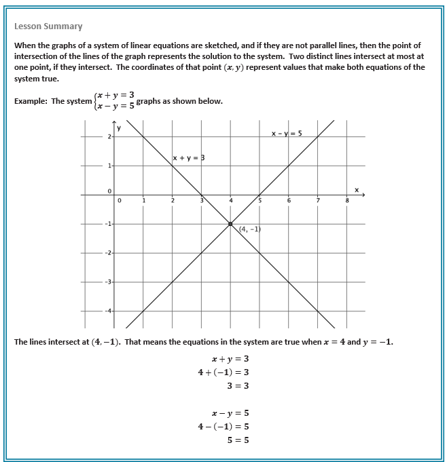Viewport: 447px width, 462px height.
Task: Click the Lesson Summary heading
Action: (x=48, y=26)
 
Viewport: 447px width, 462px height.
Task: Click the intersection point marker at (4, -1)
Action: (x=230, y=223)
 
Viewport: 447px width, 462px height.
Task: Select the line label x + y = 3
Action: (x=189, y=158)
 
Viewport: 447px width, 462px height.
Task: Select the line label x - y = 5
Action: (x=286, y=134)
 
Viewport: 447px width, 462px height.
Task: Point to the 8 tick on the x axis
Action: (x=346, y=201)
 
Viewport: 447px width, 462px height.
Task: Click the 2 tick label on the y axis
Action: (x=107, y=137)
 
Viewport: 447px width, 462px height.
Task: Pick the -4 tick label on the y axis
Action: (x=106, y=311)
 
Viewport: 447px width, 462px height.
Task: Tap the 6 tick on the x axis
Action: (x=289, y=201)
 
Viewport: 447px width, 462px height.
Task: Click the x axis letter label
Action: (x=357, y=189)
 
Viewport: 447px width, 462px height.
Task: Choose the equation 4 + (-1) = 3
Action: (x=223, y=372)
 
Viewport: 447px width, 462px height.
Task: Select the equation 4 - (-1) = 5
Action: (x=223, y=426)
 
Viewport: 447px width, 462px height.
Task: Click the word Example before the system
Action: (x=31, y=102)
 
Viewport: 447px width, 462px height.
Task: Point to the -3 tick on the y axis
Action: (x=106, y=282)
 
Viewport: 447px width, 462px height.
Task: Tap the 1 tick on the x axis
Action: (x=144, y=201)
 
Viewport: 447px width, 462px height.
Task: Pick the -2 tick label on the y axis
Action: (x=106, y=252)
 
